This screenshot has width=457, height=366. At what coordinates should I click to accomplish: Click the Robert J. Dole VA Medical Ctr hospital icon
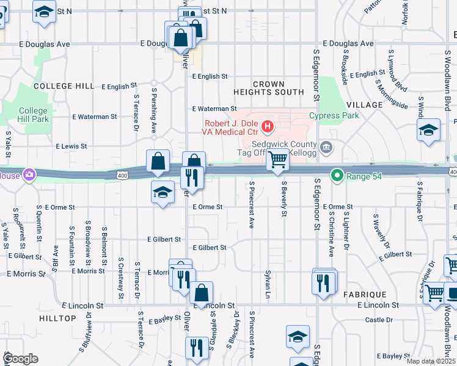coord(267,127)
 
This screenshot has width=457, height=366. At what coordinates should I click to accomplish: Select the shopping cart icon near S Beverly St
coord(278,160)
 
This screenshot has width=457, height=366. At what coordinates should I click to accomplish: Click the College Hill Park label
coord(33,115)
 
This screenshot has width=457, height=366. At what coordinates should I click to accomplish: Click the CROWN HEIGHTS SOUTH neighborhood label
coord(269,88)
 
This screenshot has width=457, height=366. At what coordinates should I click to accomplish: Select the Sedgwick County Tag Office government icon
coord(327,147)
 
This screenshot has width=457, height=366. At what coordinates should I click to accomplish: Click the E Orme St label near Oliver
coord(207,207)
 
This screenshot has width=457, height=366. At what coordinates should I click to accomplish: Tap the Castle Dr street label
coord(379,320)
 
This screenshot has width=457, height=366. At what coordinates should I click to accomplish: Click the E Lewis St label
coord(71,146)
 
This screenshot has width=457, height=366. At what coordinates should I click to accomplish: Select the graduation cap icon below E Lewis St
coord(162,194)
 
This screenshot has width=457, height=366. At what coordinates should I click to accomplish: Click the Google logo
coord(20,359)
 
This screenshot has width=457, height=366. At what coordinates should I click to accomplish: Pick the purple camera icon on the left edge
coord(29,175)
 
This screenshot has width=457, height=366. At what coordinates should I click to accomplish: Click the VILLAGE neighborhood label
coord(364,105)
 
